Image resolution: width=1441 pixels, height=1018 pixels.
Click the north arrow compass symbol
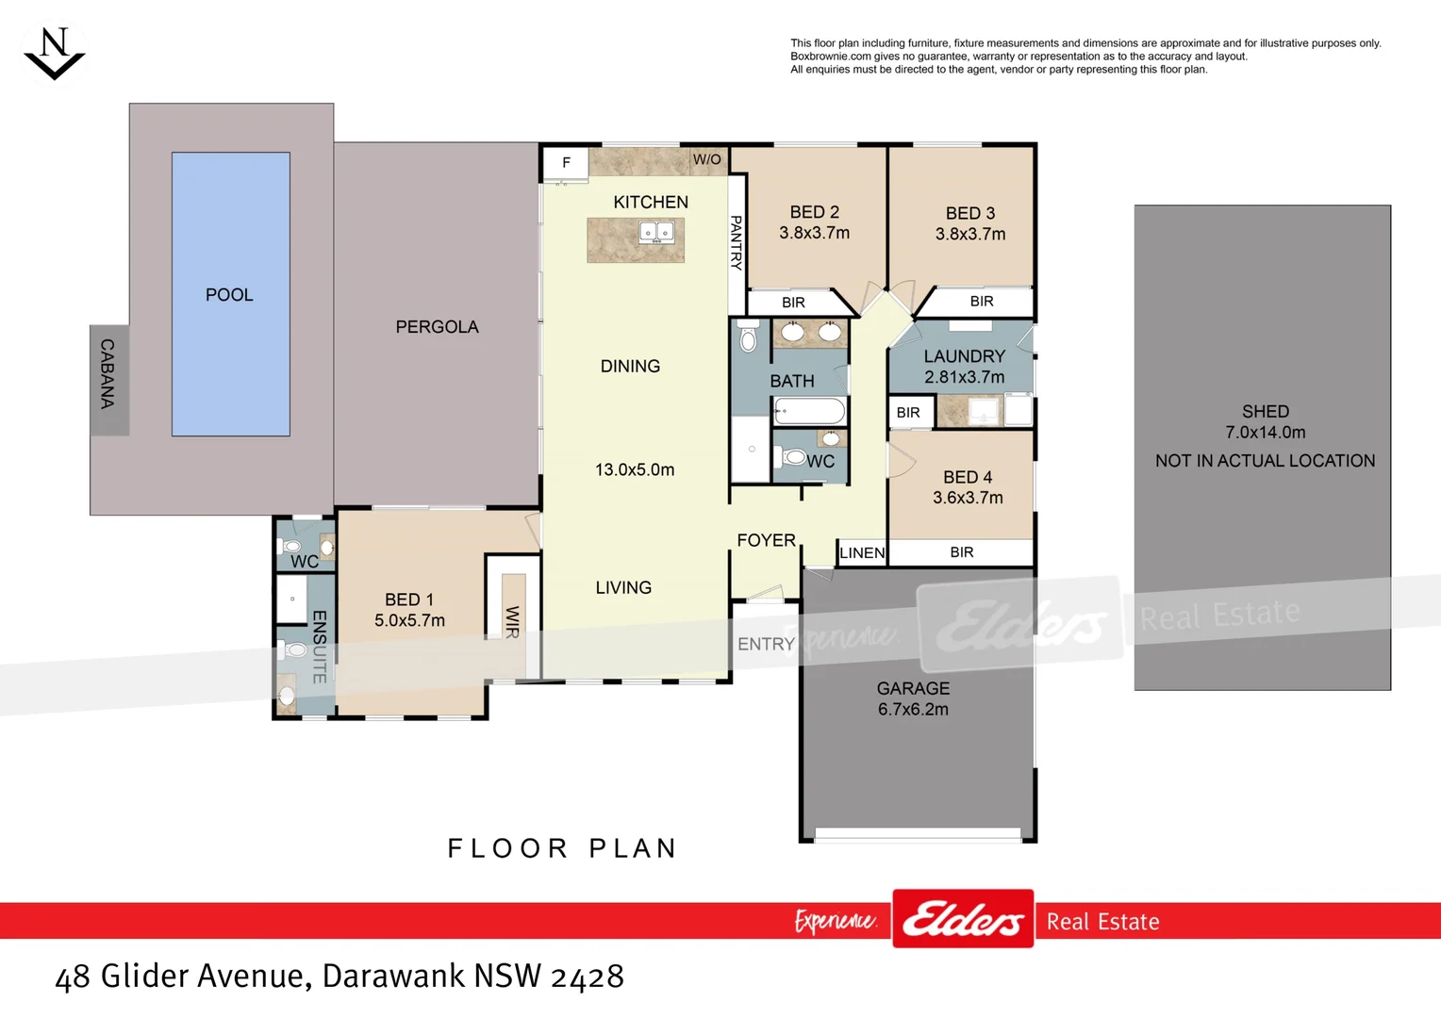pyautogui.click(x=54, y=54)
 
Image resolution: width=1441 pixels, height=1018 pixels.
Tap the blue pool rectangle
pyautogui.click(x=230, y=294)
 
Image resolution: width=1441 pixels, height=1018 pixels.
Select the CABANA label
pyautogui.click(x=108, y=373)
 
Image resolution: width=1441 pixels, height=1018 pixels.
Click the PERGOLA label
pyautogui.click(x=437, y=327)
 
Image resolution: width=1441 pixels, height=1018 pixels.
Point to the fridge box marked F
pyautogui.click(x=566, y=163)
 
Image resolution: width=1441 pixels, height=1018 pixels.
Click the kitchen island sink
pyautogui.click(x=656, y=232)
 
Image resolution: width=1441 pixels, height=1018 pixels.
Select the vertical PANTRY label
pyautogui.click(x=737, y=242)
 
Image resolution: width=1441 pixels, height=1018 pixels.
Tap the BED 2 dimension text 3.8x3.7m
pyautogui.click(x=814, y=233)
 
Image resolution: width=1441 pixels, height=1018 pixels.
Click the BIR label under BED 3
pyautogui.click(x=982, y=302)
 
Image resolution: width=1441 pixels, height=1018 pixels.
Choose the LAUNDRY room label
pyautogui.click(x=964, y=356)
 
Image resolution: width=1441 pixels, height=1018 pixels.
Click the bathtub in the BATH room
pyautogui.click(x=809, y=411)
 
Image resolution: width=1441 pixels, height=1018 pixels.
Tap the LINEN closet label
pyautogui.click(x=862, y=553)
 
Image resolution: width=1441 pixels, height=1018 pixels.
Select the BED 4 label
pyautogui.click(x=968, y=478)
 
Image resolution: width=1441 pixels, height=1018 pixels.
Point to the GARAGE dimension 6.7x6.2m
pyautogui.click(x=913, y=710)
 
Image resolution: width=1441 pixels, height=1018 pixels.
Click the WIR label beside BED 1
pyautogui.click(x=512, y=622)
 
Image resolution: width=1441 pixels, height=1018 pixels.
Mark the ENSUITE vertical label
pyautogui.click(x=320, y=647)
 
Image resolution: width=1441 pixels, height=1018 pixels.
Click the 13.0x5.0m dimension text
pyautogui.click(x=635, y=469)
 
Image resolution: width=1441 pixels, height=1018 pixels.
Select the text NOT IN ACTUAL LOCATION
pyautogui.click(x=1265, y=461)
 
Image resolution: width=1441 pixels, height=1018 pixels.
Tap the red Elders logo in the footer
pyautogui.click(x=963, y=918)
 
